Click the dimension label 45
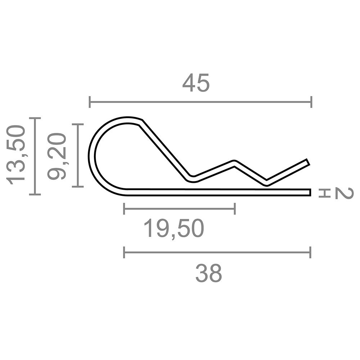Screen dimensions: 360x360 [196, 83]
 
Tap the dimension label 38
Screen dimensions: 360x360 [209, 273]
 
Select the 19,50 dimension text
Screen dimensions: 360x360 [174, 229]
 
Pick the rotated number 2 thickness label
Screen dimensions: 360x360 [344, 193]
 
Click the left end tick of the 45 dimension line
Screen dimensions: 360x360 [90, 102]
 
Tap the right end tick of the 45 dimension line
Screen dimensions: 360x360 [311, 102]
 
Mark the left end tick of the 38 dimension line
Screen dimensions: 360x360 [124, 253]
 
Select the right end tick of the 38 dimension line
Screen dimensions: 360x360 [310, 253]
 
